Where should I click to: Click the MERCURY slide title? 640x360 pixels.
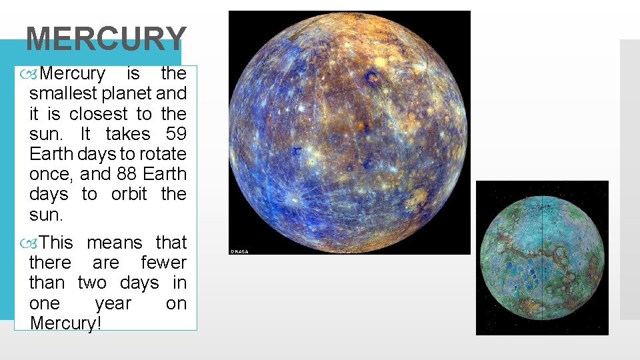click(x=105, y=39)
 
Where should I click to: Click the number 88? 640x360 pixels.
click(x=117, y=174)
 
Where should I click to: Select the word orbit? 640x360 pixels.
click(x=129, y=194)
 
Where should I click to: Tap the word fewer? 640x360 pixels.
click(x=163, y=263)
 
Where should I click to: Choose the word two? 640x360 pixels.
click(x=92, y=283)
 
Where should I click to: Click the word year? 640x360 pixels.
click(x=113, y=303)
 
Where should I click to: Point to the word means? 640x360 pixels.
click(x=115, y=243)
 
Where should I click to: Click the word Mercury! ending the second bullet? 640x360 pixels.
click(x=64, y=323)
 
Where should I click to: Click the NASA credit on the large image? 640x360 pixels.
click(x=239, y=251)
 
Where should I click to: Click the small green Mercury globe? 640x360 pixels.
click(x=542, y=257)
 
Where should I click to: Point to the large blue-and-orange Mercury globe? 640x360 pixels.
click(x=349, y=132)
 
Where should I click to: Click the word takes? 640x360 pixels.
click(x=128, y=134)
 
